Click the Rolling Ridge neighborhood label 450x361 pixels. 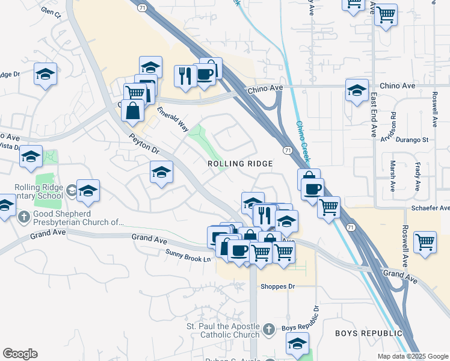point(240,164)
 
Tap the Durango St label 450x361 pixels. point(411,140)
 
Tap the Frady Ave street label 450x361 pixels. point(416,176)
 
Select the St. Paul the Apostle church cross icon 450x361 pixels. point(269,329)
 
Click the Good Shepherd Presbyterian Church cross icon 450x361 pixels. point(23,216)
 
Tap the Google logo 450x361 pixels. point(20,354)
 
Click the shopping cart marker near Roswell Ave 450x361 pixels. point(425,241)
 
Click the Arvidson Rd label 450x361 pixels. point(392,123)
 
